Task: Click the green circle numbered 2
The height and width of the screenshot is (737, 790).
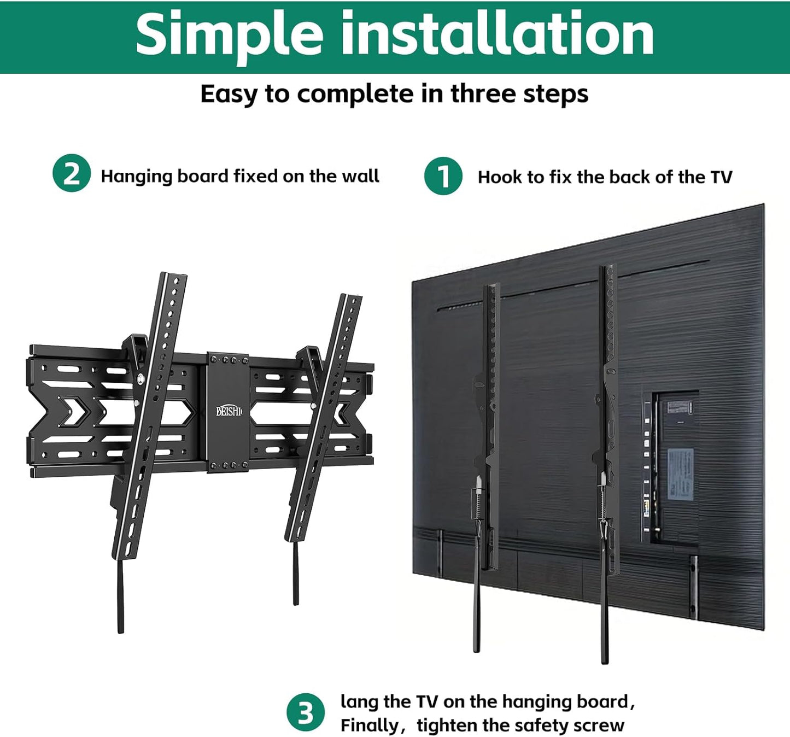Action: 72,173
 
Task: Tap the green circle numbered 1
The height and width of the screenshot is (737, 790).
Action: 443,176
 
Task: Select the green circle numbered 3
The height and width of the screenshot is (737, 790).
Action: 306,712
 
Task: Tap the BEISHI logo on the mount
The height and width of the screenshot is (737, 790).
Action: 229,411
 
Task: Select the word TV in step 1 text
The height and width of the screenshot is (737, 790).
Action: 721,177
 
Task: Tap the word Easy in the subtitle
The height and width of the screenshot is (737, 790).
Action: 229,94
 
